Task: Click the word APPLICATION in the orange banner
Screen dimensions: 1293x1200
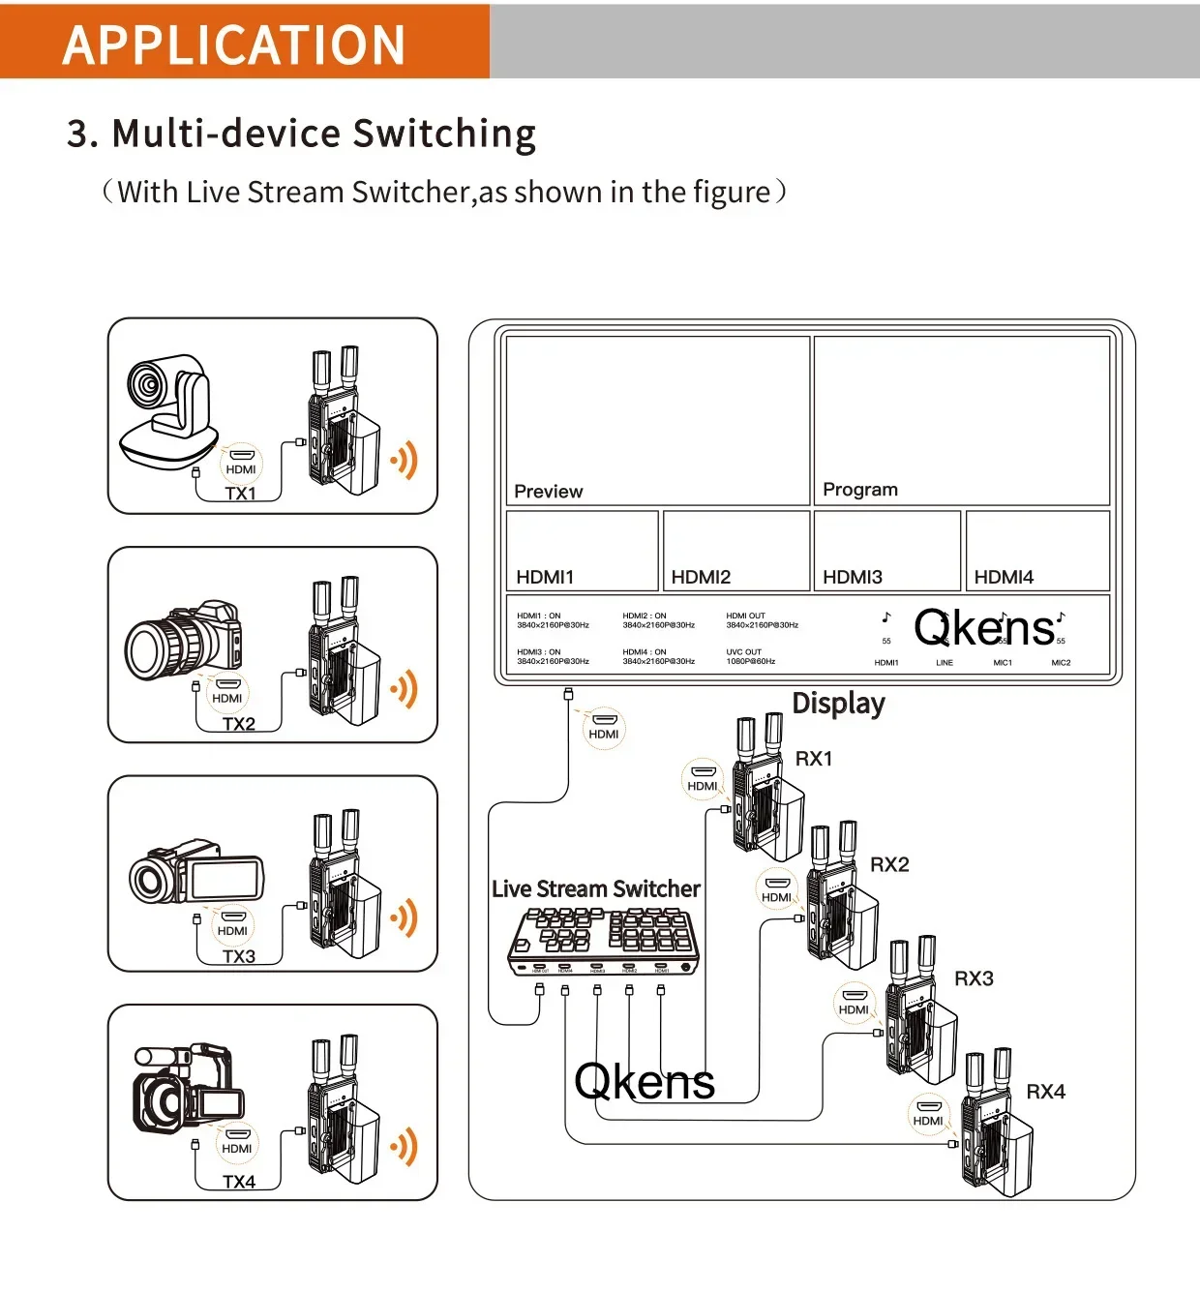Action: [234, 45]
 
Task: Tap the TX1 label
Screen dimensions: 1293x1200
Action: [240, 494]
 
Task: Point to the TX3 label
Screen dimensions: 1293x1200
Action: [239, 956]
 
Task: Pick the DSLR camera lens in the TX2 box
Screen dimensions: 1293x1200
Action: [155, 646]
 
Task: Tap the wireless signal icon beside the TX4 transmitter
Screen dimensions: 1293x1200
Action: [405, 1147]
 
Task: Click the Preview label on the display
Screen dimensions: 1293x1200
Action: [548, 492]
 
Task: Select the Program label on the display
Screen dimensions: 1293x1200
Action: [859, 490]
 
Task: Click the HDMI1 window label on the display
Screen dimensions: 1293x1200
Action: [545, 578]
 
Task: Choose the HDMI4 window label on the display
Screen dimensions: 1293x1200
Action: [1004, 578]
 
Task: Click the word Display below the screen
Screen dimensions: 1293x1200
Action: [838, 704]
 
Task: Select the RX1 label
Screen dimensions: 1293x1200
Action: [814, 759]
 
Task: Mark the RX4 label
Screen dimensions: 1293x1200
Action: [1045, 1092]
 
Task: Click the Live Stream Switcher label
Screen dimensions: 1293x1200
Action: [595, 888]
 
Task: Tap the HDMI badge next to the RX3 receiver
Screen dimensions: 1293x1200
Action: [854, 1003]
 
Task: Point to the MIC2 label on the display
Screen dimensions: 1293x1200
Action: [1061, 663]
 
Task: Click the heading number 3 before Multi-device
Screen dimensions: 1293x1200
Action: [80, 134]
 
